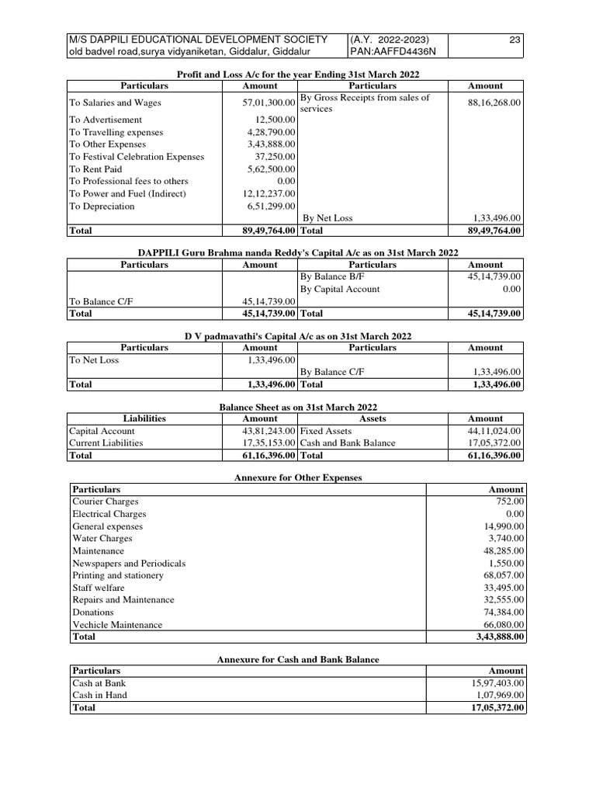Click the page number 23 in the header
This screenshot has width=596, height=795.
point(515,40)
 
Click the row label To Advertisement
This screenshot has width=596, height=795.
point(106,120)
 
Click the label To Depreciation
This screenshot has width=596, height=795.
point(102,207)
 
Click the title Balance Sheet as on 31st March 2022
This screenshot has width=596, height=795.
point(299,407)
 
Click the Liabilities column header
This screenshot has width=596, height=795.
point(145,418)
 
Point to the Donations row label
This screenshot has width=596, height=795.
point(93,613)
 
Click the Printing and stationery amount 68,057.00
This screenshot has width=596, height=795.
point(504,575)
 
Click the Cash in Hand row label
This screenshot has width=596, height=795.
point(99,696)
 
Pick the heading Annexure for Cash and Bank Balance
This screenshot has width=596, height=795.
point(298,659)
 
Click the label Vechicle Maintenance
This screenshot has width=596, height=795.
point(117,625)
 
